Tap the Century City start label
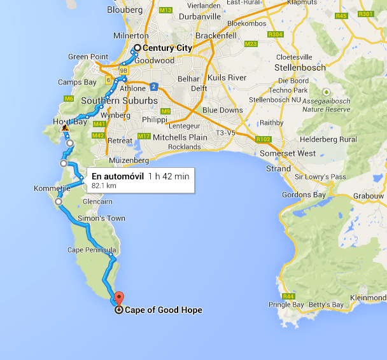(x=167, y=48)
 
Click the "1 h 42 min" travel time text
(x=168, y=176)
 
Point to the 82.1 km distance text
(x=104, y=186)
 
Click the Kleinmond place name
(x=368, y=297)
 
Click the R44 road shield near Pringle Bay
(x=289, y=296)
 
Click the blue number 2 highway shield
(x=154, y=86)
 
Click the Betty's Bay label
(x=326, y=305)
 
